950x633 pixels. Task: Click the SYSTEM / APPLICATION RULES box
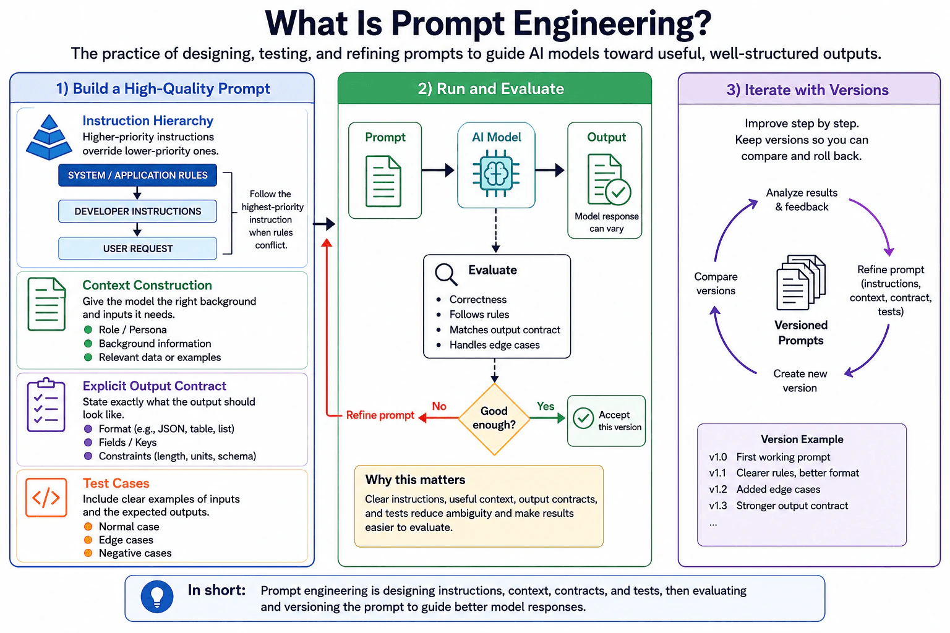[x=137, y=175]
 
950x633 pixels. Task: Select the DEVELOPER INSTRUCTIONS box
[x=137, y=211]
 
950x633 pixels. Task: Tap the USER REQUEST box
[x=137, y=249]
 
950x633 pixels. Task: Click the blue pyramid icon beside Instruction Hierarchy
[x=49, y=137]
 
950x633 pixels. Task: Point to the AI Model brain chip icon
[x=496, y=174]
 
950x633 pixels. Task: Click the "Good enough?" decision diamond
[x=494, y=419]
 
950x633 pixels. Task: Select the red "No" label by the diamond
[x=439, y=406]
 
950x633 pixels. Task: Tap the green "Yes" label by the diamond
[x=546, y=406]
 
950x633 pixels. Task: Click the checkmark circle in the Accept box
[x=583, y=418]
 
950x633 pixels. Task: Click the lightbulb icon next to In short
[x=157, y=597]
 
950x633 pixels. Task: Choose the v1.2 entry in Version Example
[x=764, y=489]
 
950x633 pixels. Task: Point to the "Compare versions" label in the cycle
[x=716, y=284]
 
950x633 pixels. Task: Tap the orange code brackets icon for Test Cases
[x=46, y=498]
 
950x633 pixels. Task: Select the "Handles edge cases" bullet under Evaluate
[x=494, y=345]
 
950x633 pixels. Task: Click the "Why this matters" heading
[x=415, y=480]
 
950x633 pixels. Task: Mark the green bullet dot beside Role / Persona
[x=88, y=329]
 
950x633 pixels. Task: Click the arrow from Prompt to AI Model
[x=438, y=170]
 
